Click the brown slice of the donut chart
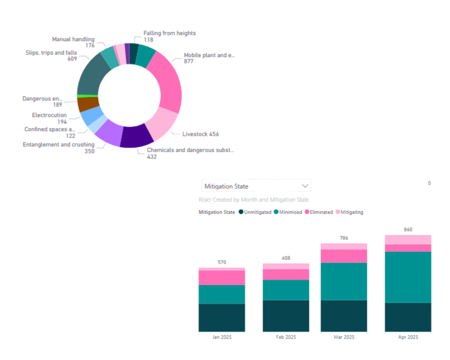88,104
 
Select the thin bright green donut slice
87,96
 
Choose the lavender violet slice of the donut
109,130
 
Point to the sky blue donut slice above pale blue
90,116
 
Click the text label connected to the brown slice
42,101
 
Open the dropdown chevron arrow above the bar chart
305,186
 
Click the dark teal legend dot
241,212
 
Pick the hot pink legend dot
307,212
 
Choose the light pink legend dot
337,212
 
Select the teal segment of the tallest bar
408,277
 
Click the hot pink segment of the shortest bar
222,277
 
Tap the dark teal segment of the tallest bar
408,317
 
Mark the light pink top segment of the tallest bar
408,239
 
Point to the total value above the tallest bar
408,230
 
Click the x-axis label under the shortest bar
222,337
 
